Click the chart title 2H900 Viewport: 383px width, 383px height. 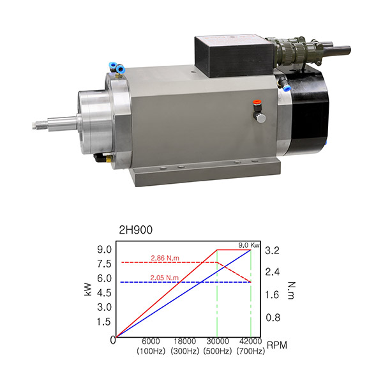pos(135,230)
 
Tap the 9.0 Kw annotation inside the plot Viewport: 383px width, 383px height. pos(249,245)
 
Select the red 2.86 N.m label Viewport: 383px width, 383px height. pos(165,258)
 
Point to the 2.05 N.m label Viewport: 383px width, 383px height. pos(165,278)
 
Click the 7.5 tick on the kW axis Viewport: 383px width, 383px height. pos(104,264)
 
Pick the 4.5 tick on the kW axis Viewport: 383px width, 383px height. pos(104,293)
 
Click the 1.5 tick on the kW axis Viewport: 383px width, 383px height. pos(104,322)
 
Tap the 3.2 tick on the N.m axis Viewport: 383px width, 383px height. pos(273,251)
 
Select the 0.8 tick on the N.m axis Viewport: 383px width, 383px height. pos(273,317)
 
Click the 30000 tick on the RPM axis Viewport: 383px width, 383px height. pos(218,342)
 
